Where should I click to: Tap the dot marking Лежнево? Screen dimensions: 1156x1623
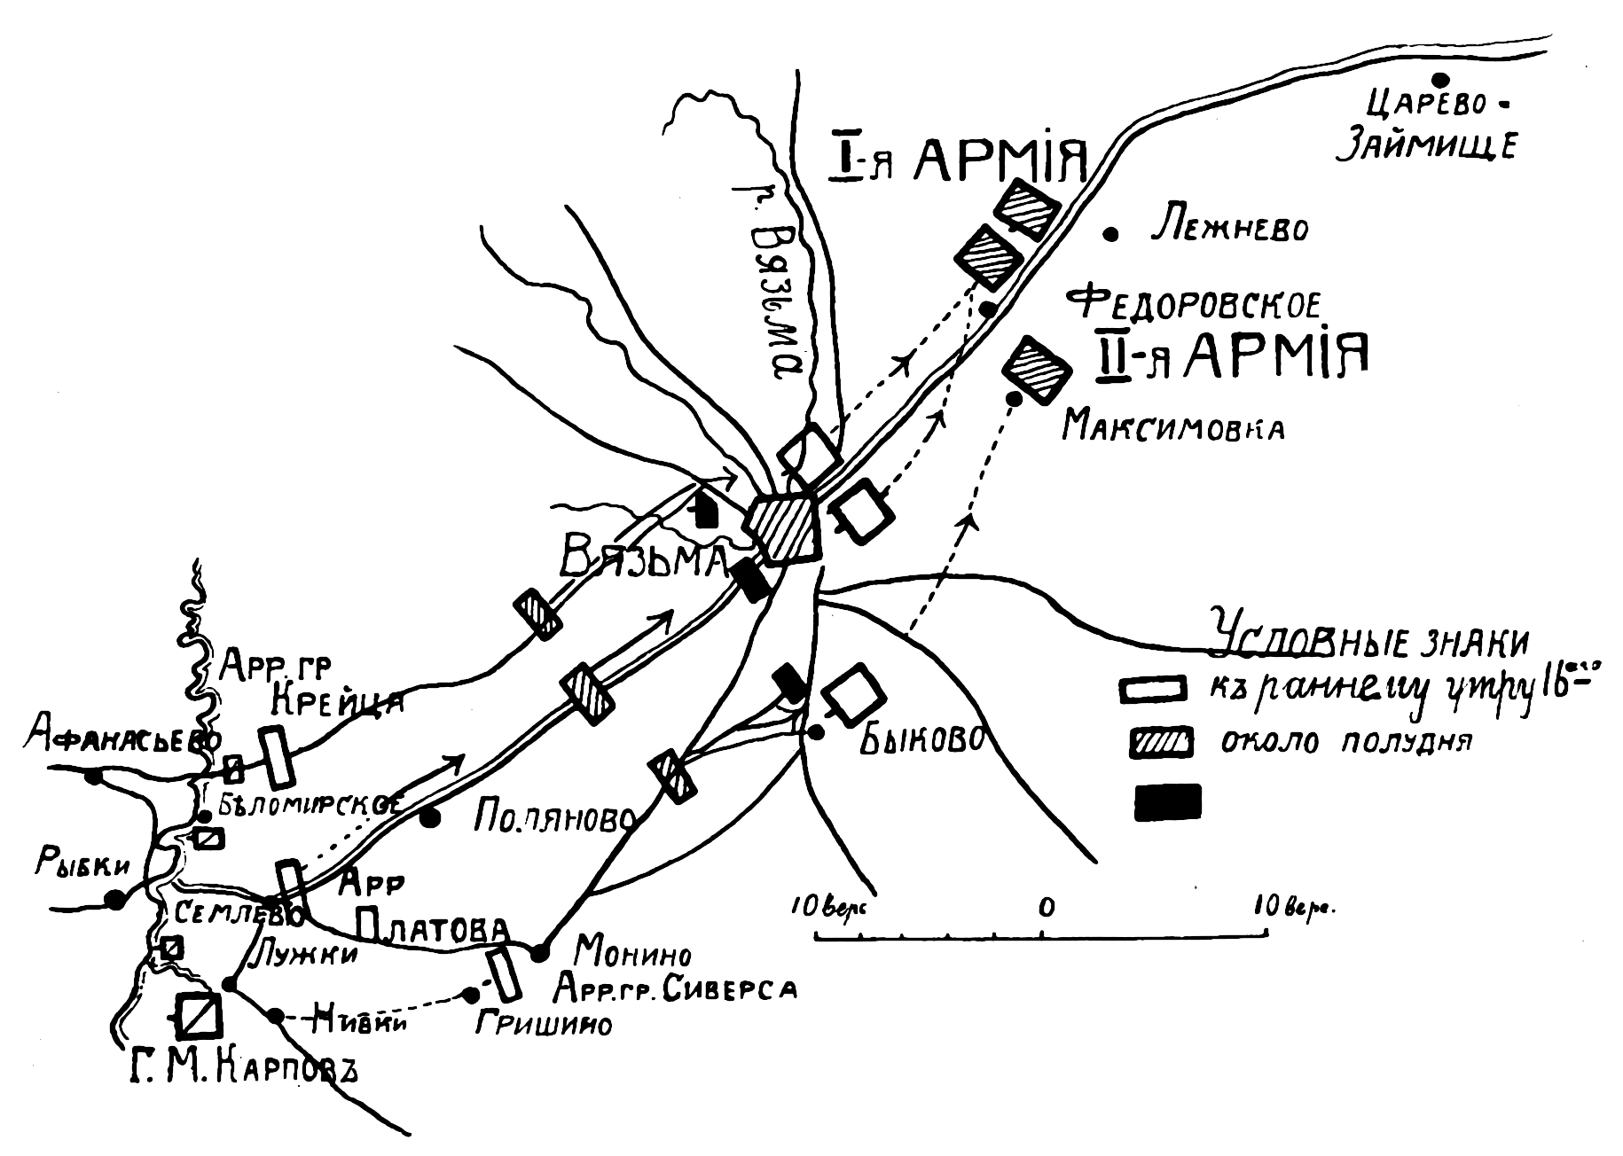(1110, 233)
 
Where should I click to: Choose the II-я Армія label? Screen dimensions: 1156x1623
(1232, 355)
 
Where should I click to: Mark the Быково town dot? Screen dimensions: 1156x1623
(816, 731)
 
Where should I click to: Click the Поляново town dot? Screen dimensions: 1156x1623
(431, 817)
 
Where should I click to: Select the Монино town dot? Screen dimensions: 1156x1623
(539, 953)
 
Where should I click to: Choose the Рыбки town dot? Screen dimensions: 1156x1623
(115, 900)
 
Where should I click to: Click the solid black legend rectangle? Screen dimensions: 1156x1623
(1168, 801)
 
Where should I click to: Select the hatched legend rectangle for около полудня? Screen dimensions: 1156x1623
(1161, 743)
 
